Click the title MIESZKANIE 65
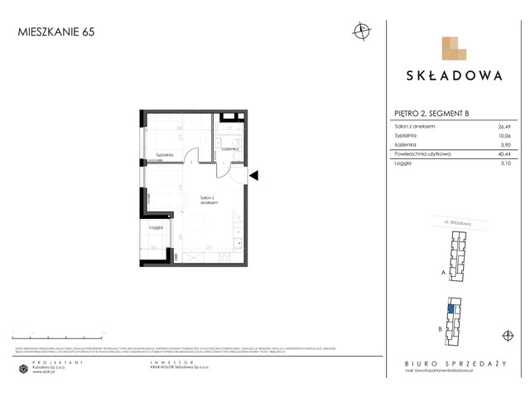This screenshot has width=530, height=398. pyautogui.click(x=49, y=32)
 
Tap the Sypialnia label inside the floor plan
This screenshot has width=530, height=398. pyautogui.click(x=164, y=154)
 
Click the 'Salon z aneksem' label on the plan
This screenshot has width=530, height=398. pyautogui.click(x=209, y=200)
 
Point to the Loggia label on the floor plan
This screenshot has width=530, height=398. pyautogui.click(x=156, y=226)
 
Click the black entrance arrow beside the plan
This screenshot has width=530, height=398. pyautogui.click(x=254, y=175)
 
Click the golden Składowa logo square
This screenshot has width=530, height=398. pyautogui.click(x=454, y=48)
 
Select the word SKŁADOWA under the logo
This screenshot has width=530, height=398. pyautogui.click(x=454, y=75)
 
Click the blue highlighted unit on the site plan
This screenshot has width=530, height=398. pyautogui.click(x=450, y=309)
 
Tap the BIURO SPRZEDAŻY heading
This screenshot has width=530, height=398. pyautogui.click(x=454, y=363)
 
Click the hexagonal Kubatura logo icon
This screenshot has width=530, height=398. pyautogui.click(x=23, y=369)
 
